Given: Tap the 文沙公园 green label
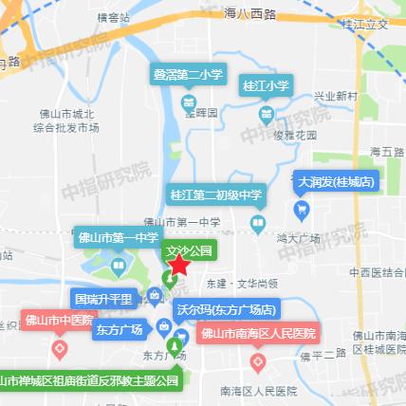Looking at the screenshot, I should click(187, 251).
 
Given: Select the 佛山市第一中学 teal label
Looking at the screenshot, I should click(117, 239).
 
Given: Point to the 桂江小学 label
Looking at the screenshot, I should click(267, 86).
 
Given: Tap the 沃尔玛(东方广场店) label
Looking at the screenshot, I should click(226, 309).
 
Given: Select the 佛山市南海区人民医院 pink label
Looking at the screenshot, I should click(259, 333).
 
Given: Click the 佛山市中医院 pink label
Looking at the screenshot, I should click(59, 320).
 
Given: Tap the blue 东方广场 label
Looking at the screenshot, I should click(119, 330).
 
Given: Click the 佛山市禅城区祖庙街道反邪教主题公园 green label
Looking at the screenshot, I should click(90, 381).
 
